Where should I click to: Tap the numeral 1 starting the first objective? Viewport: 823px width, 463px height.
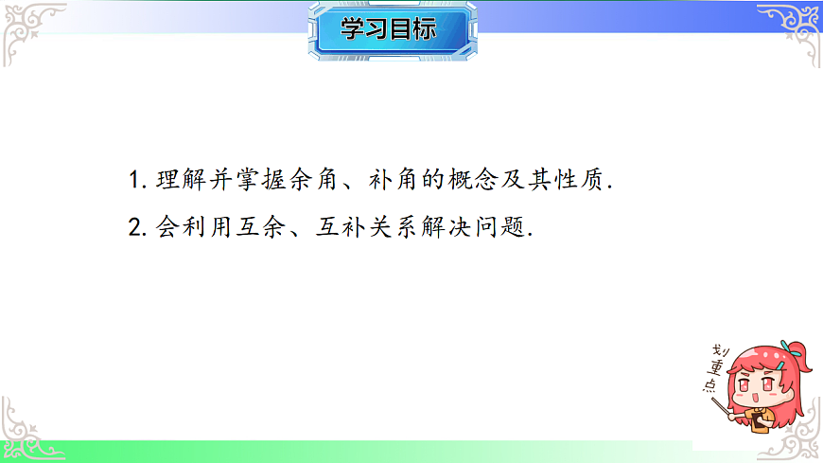pos(132,181)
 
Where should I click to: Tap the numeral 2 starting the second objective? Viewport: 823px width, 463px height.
pos(133,228)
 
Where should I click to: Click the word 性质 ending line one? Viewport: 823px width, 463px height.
pos(580,180)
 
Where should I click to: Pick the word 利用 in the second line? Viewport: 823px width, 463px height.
pos(202,228)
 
